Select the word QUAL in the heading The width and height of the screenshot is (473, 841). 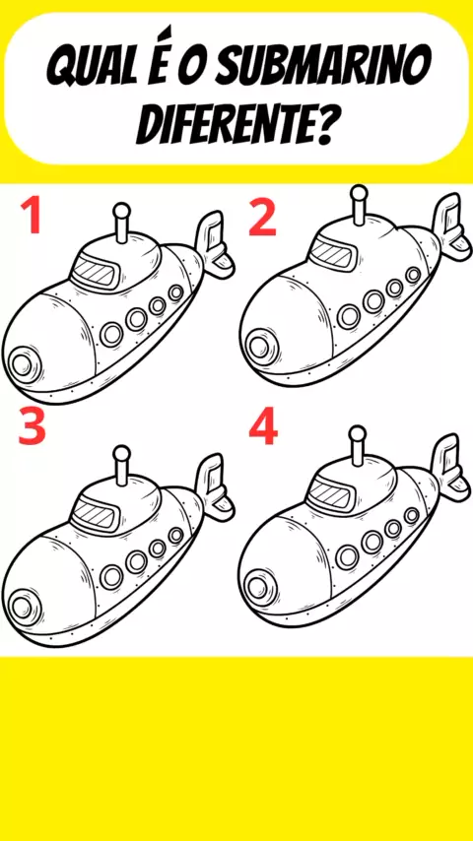pos(88,69)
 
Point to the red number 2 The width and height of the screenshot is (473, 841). pos(263,219)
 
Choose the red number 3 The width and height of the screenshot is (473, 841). pos(33,426)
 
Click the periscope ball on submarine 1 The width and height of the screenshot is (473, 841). pos(122,211)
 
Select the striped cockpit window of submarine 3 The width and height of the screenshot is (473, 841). pos(96,515)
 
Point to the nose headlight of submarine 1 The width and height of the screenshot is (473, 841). pos(23,364)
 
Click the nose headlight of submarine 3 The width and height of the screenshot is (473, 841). pos(23,607)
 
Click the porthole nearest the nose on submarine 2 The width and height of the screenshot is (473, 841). pos(349,316)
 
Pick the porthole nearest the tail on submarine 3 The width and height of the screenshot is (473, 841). pos(175,535)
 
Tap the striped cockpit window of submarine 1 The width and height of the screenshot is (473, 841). pos(96,273)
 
